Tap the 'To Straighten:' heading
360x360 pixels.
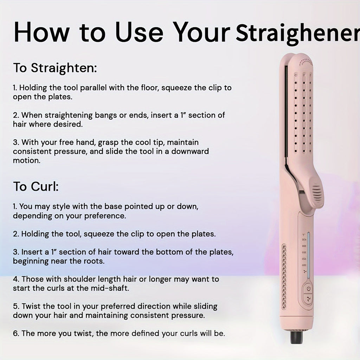(x=55, y=68)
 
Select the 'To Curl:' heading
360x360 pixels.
(x=36, y=187)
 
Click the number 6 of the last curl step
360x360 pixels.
(x=15, y=333)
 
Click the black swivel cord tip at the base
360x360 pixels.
(x=296, y=337)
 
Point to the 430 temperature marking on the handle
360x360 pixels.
(x=303, y=239)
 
